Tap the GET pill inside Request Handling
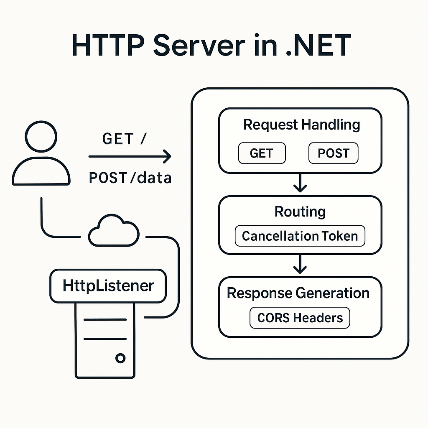click(x=262, y=153)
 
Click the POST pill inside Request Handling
click(x=333, y=153)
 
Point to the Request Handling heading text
click(x=301, y=125)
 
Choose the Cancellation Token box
click(x=300, y=236)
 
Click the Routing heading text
click(x=300, y=211)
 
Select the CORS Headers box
click(x=300, y=318)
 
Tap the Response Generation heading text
click(x=298, y=293)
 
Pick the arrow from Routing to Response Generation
click(x=300, y=264)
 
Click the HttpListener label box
click(x=108, y=286)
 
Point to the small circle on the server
click(x=120, y=358)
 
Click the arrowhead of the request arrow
click(x=167, y=157)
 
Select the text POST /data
click(x=130, y=178)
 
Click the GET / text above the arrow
click(x=124, y=139)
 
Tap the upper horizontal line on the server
click(x=105, y=320)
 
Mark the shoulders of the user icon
click(x=41, y=171)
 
